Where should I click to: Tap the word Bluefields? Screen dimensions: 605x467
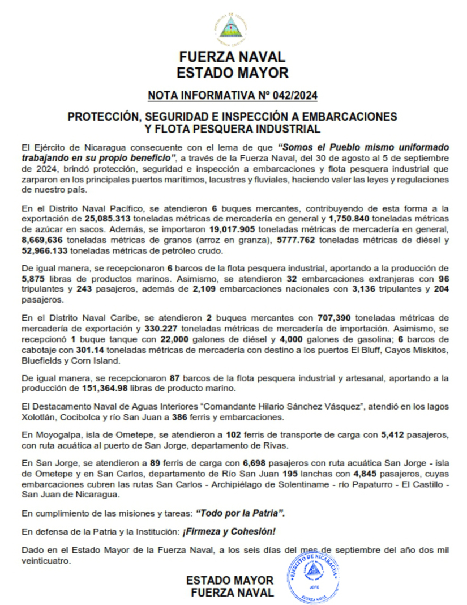pos(41,361)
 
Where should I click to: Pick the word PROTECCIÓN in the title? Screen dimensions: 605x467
pos(104,117)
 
